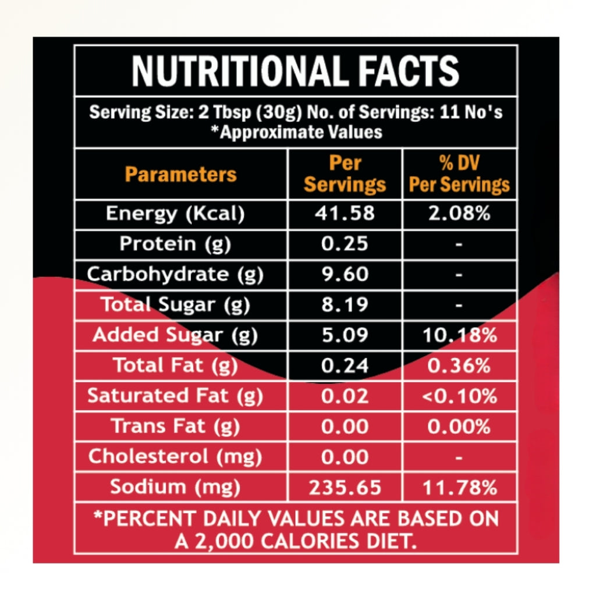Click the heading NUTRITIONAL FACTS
[296, 71]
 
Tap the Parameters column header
[181, 174]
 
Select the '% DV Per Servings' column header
[459, 174]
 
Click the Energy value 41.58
[345, 214]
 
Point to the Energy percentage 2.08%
[459, 214]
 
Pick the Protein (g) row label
[175, 244]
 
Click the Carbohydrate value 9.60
[345, 274]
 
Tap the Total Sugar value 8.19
[345, 304]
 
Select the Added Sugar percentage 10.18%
[459, 335]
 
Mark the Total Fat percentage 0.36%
[459, 366]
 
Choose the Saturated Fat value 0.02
[345, 396]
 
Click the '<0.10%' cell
[459, 396]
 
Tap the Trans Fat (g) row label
[175, 427]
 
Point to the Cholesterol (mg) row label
[175, 457]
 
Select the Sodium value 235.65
[345, 487]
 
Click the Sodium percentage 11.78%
[459, 487]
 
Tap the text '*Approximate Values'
[296, 132]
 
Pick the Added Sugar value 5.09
[345, 335]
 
